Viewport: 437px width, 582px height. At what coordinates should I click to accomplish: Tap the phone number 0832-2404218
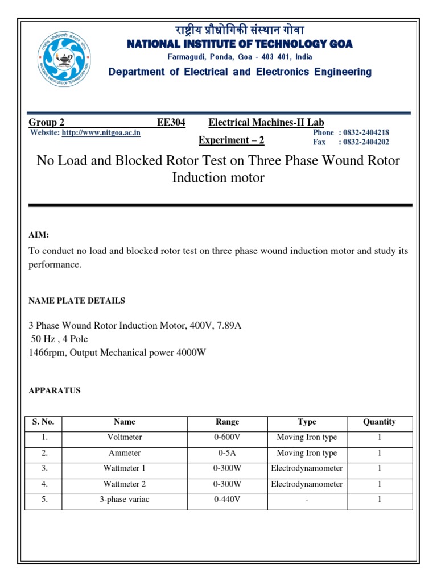click(366, 132)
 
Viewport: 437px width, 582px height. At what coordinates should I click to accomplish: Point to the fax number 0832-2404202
click(366, 142)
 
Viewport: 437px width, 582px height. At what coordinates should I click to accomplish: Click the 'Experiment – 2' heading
click(231, 140)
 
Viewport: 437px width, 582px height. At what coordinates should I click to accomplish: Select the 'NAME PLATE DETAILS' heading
click(77, 301)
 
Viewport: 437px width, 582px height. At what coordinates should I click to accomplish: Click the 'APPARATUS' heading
click(55, 390)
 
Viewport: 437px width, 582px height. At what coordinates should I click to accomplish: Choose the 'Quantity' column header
click(380, 422)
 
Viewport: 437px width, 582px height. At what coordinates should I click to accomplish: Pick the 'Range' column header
click(228, 422)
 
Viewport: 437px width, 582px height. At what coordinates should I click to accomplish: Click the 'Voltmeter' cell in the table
click(125, 438)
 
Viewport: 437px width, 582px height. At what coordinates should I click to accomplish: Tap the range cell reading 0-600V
click(228, 438)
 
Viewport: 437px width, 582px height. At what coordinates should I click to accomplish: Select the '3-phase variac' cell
click(125, 500)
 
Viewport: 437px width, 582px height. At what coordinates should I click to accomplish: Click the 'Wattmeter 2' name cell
click(125, 484)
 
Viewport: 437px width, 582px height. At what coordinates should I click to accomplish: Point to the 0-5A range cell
click(228, 453)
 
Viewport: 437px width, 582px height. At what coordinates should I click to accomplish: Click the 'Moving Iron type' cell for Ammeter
click(307, 453)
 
